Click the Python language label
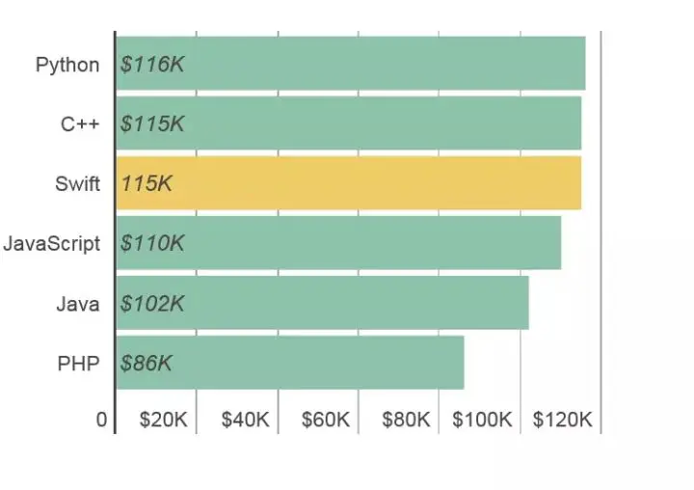point(67,65)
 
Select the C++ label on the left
point(80,124)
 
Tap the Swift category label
point(77,184)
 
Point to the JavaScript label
point(51,243)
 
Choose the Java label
point(77,304)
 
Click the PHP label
point(78,364)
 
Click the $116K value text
point(152,65)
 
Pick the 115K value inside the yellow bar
point(147,183)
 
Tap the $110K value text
point(152,243)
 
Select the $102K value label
point(152,304)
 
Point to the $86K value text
point(147,364)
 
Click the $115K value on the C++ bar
point(152,124)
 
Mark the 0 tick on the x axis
point(101,421)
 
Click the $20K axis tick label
point(164,421)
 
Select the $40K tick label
point(245,421)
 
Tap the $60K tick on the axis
point(326,421)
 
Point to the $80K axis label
point(406,421)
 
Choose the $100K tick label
point(483,421)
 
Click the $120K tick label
point(563,421)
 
